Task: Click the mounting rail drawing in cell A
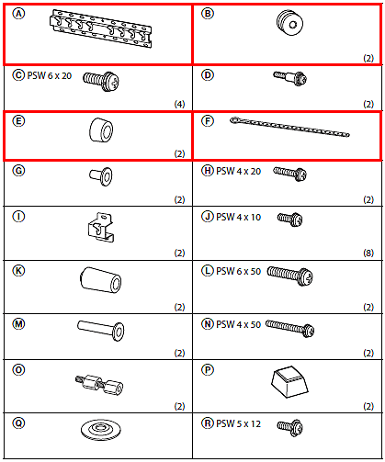(x=100, y=28)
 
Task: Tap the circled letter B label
(x=208, y=14)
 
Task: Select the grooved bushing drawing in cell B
(x=289, y=23)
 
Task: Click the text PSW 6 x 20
(x=50, y=75)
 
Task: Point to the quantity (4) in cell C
(x=180, y=104)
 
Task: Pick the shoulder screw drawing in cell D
(x=290, y=78)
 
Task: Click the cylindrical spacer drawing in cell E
(x=101, y=130)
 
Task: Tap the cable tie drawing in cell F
(x=289, y=127)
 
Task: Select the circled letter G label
(x=18, y=171)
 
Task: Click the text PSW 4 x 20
(x=238, y=171)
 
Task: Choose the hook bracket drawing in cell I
(x=101, y=228)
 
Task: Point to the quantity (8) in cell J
(x=368, y=253)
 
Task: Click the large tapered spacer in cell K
(x=101, y=280)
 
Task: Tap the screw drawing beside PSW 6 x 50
(x=289, y=276)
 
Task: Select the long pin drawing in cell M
(x=101, y=330)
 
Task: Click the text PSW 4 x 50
(x=238, y=324)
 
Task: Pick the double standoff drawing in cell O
(x=99, y=384)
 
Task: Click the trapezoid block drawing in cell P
(x=289, y=382)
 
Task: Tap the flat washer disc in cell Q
(x=101, y=430)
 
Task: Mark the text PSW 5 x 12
(x=238, y=423)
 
